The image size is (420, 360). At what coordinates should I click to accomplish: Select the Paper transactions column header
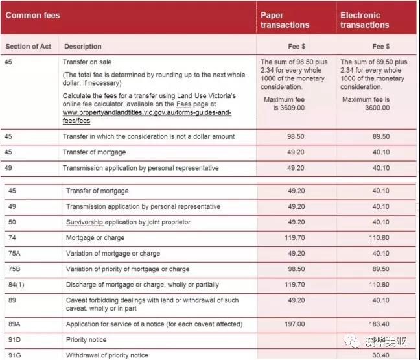285,20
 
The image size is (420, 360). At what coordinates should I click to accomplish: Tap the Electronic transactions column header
364,20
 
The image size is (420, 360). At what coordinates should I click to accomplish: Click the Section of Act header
29,47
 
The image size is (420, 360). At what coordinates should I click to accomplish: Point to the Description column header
82,47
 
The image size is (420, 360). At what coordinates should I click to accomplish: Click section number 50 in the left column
13,222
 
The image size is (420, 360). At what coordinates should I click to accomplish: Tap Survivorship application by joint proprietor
128,222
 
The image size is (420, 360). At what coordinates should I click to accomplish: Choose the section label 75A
15,254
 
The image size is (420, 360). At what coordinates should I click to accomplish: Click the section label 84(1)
17,285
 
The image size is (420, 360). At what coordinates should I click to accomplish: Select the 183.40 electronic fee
376,324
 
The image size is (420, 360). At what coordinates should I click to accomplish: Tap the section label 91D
15,340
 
